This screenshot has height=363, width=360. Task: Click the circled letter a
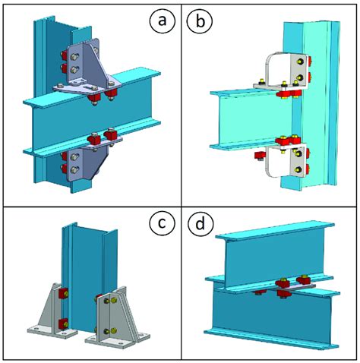coord(162,21)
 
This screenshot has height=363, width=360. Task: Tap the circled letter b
coord(200,21)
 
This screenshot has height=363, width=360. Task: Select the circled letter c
coord(162,223)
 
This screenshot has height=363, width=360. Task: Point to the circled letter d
coord(201,223)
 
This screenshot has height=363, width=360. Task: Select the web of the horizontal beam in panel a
coord(91,119)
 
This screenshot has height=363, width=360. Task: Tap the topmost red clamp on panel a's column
coord(64,55)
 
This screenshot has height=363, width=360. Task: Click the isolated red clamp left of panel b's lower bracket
coord(260,155)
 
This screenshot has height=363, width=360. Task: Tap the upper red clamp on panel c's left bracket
coord(63,293)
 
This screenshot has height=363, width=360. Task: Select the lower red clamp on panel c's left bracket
coord(63,324)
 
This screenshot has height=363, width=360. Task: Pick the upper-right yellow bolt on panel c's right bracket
coord(114,300)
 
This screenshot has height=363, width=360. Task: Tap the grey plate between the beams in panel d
coord(295,288)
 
